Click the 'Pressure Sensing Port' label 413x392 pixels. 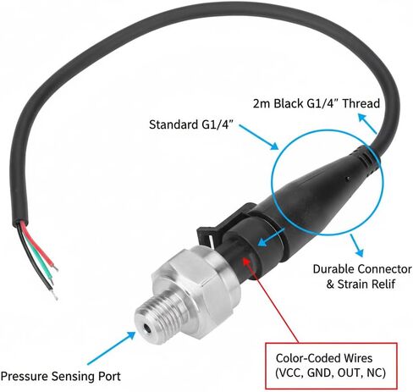pos(60,377)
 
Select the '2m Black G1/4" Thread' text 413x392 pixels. pos(317,103)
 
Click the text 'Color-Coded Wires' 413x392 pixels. pos(324,358)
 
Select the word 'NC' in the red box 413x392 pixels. pos(374,373)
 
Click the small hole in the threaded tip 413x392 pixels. pos(146,328)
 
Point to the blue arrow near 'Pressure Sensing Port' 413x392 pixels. pos(112,348)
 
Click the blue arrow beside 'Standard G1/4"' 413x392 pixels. pos(259,137)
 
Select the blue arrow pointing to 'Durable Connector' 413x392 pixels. pos(356,246)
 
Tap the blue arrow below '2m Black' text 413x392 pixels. pos(367,124)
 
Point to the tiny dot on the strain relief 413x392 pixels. pos(348,179)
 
